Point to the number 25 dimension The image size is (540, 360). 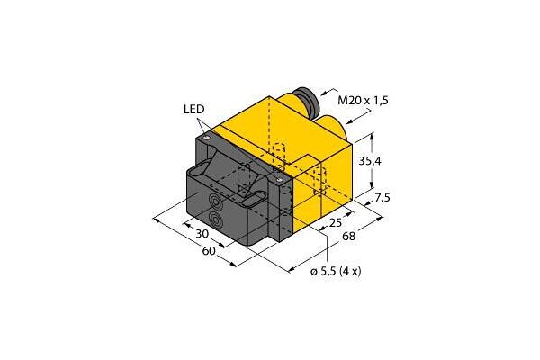coord(336,222)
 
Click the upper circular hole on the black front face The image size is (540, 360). coord(217,202)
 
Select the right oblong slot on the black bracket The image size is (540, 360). coord(255,197)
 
